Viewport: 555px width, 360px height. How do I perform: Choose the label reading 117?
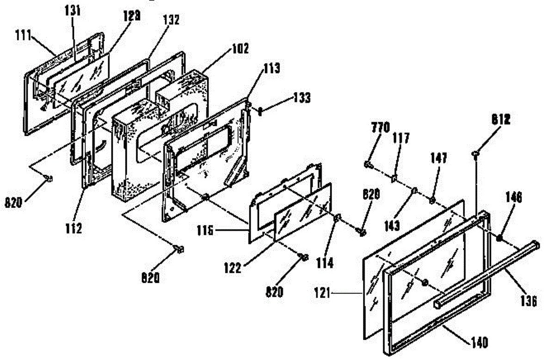point(401,137)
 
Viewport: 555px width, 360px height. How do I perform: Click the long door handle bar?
point(486,273)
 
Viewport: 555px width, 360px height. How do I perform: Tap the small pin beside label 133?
point(261,111)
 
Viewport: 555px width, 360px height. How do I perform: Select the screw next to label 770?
point(368,163)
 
